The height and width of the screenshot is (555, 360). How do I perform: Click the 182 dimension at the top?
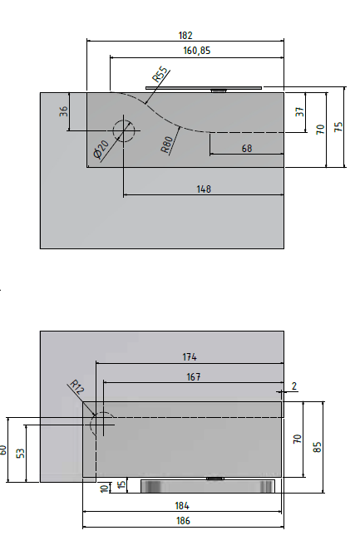[x=185, y=36]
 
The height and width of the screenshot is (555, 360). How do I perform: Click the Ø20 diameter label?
[x=102, y=150]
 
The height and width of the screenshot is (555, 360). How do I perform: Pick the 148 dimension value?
[x=203, y=189]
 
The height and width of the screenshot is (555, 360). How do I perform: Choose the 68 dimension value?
[x=247, y=148]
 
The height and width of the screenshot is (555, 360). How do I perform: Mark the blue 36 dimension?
[x=63, y=111]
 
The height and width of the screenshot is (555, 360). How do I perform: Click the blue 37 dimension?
[x=300, y=111]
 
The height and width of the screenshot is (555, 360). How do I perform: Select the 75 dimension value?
[x=338, y=127]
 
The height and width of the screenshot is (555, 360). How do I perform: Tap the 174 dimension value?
[x=190, y=357]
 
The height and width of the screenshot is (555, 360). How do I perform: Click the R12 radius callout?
[x=76, y=386]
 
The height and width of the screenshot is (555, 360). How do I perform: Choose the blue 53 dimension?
[x=20, y=453]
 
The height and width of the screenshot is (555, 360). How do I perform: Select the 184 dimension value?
[x=183, y=505]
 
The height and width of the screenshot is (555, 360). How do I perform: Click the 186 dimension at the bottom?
[x=183, y=521]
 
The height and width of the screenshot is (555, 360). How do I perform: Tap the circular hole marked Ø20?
[x=124, y=131]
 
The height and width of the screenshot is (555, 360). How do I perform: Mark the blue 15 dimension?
[x=122, y=485]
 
